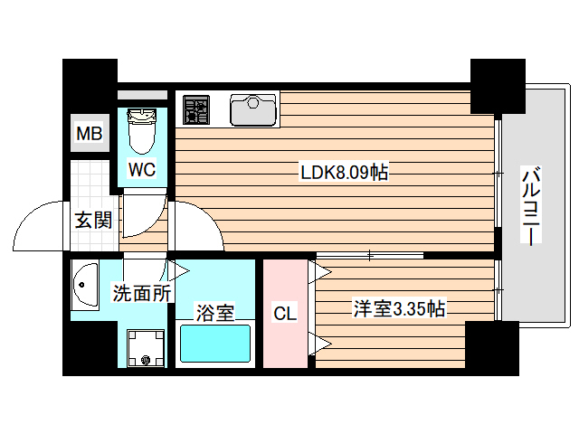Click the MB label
click(x=89, y=135)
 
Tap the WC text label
click(x=142, y=169)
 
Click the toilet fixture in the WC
click(x=141, y=130)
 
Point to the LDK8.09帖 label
click(x=344, y=172)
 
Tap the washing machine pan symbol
click(x=145, y=347)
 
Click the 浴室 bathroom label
click(x=215, y=313)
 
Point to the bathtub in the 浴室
click(x=216, y=344)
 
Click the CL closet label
click(x=285, y=314)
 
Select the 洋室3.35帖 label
click(x=398, y=309)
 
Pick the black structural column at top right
click(x=498, y=86)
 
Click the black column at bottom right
click(x=492, y=348)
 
